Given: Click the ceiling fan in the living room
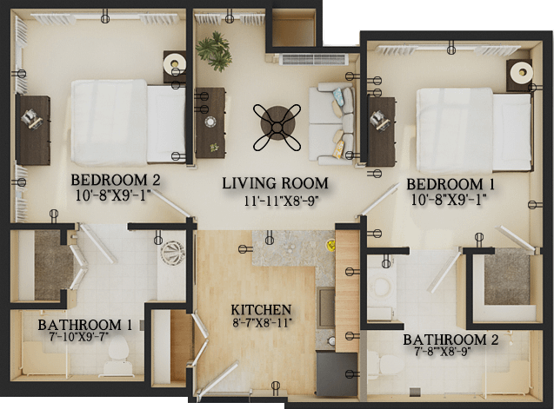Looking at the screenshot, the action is pos(277,127).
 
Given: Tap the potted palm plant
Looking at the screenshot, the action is pos(214,51).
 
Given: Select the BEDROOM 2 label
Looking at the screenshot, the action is pos(116,180).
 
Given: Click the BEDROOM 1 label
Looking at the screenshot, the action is pos(451,184).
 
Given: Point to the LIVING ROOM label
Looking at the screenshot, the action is pos(275,183).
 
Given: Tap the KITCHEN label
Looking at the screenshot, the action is pos(261,310).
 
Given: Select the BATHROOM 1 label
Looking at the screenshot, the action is pos(85,325).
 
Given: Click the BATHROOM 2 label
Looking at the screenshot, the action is pos(451,340).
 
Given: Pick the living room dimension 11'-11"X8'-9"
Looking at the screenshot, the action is pos(282,201).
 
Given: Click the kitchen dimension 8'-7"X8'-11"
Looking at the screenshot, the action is pos(262,322).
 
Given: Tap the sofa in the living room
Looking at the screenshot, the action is pos(331,124).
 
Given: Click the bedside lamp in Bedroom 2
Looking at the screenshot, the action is pos(175,63).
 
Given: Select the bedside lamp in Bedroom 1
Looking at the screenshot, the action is pos(521,72).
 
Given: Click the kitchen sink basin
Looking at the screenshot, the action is pos(326,307).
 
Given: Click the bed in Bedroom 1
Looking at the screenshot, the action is pos(474,130).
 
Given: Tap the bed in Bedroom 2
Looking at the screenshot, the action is pos(128,122).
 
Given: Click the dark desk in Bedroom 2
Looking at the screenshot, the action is pos(33,130).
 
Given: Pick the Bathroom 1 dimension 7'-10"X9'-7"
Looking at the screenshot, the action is pos(79,335).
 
